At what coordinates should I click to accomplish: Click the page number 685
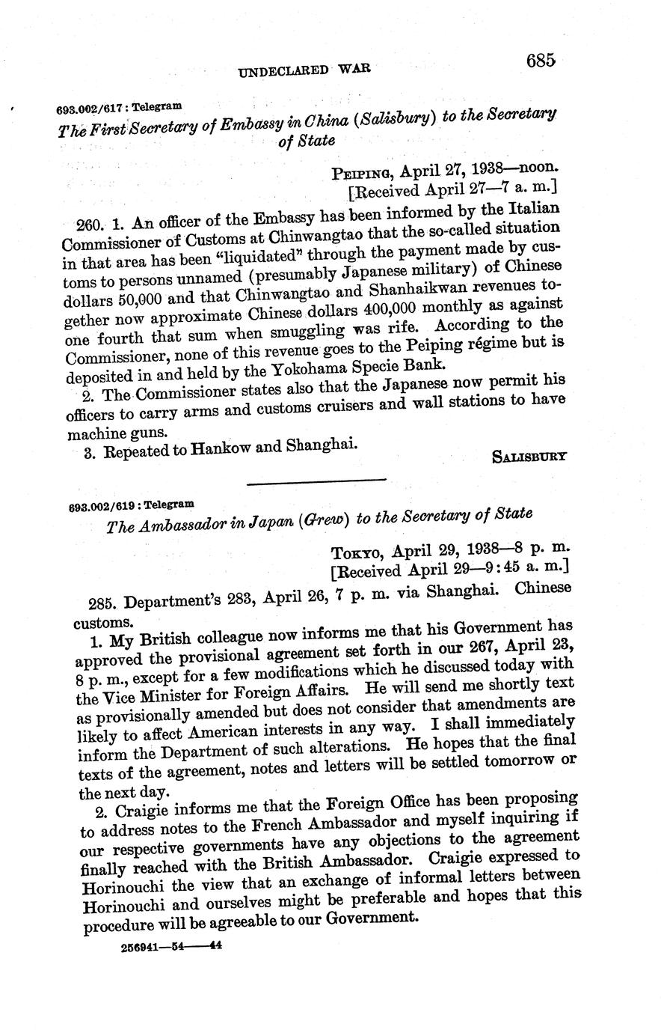[540, 61]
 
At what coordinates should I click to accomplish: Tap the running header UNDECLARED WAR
[304, 70]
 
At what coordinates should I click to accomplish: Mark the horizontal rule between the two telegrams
[316, 481]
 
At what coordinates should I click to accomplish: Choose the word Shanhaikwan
[429, 285]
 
